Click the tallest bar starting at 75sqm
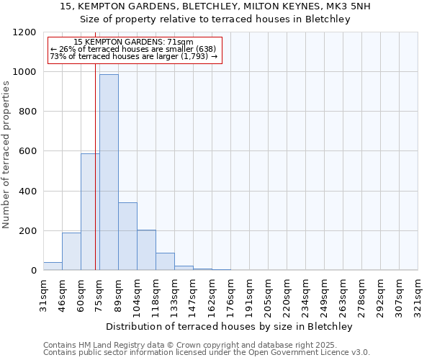point(109,173)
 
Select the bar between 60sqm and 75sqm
point(90,212)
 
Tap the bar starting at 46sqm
point(71,251)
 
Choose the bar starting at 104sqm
point(146,250)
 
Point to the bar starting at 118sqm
point(165,261)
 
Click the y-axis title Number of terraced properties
point(7,154)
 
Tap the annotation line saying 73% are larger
point(133,55)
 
